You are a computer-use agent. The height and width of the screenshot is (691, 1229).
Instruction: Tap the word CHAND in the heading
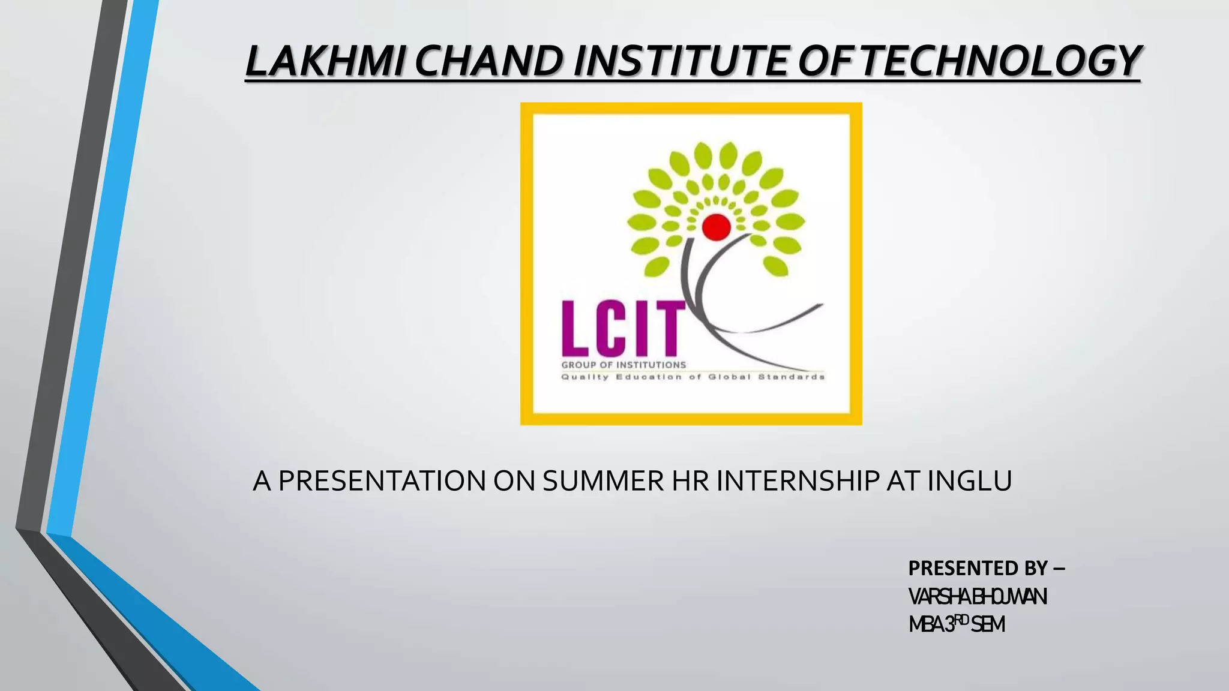(x=488, y=61)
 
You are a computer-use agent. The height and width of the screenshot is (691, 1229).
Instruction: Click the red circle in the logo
(x=716, y=227)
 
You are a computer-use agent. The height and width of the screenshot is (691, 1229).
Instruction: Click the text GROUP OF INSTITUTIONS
(x=624, y=365)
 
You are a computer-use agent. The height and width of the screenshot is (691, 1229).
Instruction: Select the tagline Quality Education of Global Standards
(x=693, y=377)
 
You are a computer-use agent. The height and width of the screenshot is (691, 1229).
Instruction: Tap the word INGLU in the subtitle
(x=970, y=481)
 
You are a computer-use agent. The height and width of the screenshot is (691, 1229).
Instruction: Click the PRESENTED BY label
(x=986, y=567)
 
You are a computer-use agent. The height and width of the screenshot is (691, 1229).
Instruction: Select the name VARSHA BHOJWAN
(x=978, y=597)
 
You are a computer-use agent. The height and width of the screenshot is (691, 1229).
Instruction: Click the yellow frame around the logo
(x=526, y=264)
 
